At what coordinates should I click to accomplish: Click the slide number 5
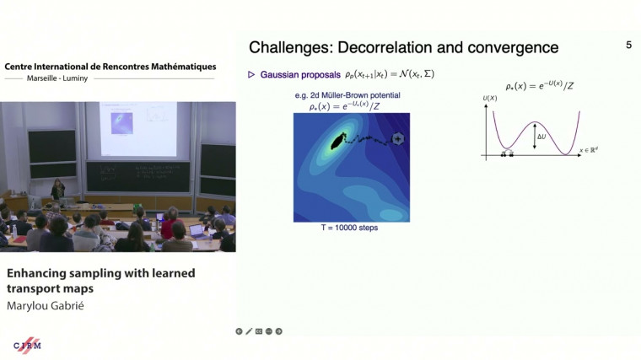point(628,46)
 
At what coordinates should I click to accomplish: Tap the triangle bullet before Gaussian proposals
point(251,75)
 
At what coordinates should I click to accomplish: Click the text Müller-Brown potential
point(363,95)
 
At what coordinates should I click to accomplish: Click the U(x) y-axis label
point(490,99)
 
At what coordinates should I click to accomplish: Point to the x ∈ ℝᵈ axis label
point(593,150)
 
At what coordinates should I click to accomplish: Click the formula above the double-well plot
point(541,86)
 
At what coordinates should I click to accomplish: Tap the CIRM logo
point(28,345)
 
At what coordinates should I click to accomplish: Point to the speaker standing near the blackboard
point(58,190)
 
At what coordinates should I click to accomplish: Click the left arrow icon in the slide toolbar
point(240,331)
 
